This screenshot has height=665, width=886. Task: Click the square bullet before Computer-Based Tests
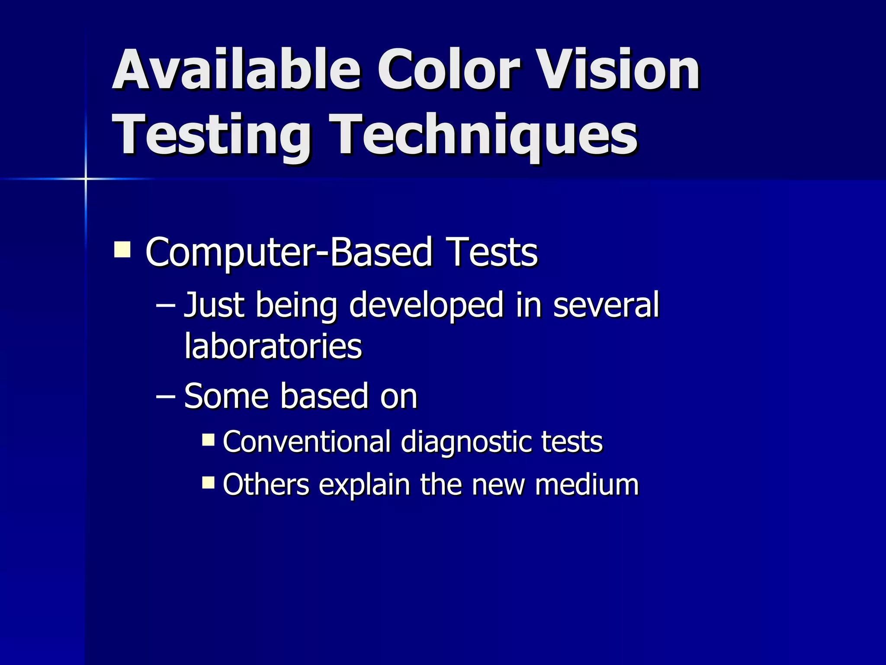point(122,250)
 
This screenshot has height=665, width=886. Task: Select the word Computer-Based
point(289,252)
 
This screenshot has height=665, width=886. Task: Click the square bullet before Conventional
point(208,440)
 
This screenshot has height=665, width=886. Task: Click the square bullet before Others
point(208,482)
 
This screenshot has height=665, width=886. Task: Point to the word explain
point(364,485)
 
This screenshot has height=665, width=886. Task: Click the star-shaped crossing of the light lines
point(86,178)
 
